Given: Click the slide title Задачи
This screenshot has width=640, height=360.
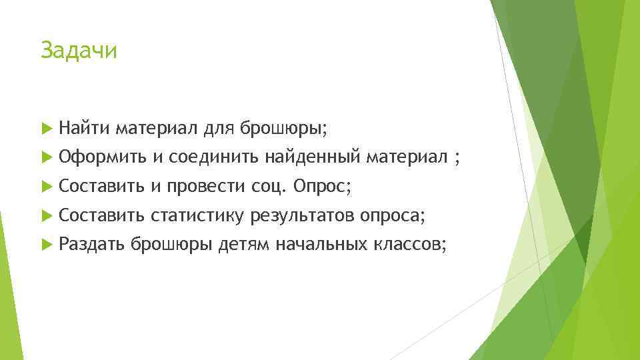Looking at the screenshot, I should point(78,51).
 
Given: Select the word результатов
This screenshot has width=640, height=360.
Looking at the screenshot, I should point(303,216).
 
